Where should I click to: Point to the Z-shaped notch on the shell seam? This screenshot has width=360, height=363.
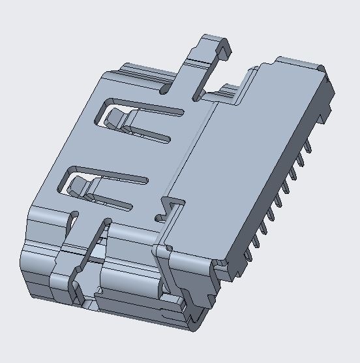click(168, 207)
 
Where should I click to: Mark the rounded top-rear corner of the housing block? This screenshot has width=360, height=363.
click(320, 68)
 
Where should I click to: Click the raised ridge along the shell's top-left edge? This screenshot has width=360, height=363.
click(130, 72)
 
